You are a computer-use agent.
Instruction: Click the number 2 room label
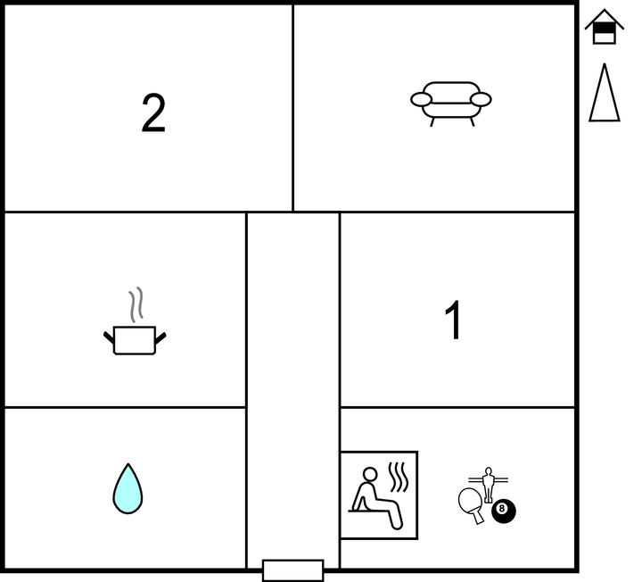click(x=153, y=112)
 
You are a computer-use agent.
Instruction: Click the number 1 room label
click(x=454, y=320)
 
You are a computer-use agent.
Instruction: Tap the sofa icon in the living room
click(x=451, y=104)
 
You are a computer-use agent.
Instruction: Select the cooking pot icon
click(x=135, y=340)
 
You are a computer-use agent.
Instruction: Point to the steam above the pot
click(x=136, y=304)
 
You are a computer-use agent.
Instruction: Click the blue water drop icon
click(x=128, y=488)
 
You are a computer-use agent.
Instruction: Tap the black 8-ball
click(x=504, y=511)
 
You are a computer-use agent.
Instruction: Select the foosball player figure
click(x=488, y=485)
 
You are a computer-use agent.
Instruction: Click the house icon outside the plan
click(x=605, y=27)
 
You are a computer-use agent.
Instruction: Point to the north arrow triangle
click(x=605, y=93)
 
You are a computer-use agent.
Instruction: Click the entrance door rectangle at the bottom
click(x=292, y=570)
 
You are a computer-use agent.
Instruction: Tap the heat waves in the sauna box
click(x=399, y=477)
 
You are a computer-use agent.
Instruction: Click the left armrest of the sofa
click(x=421, y=99)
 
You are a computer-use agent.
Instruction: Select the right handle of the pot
click(x=160, y=338)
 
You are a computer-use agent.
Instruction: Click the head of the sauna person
click(x=370, y=474)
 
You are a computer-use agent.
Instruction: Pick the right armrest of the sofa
click(x=481, y=99)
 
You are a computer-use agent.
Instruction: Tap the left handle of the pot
click(x=109, y=338)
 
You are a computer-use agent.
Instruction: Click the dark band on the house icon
click(x=605, y=29)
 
